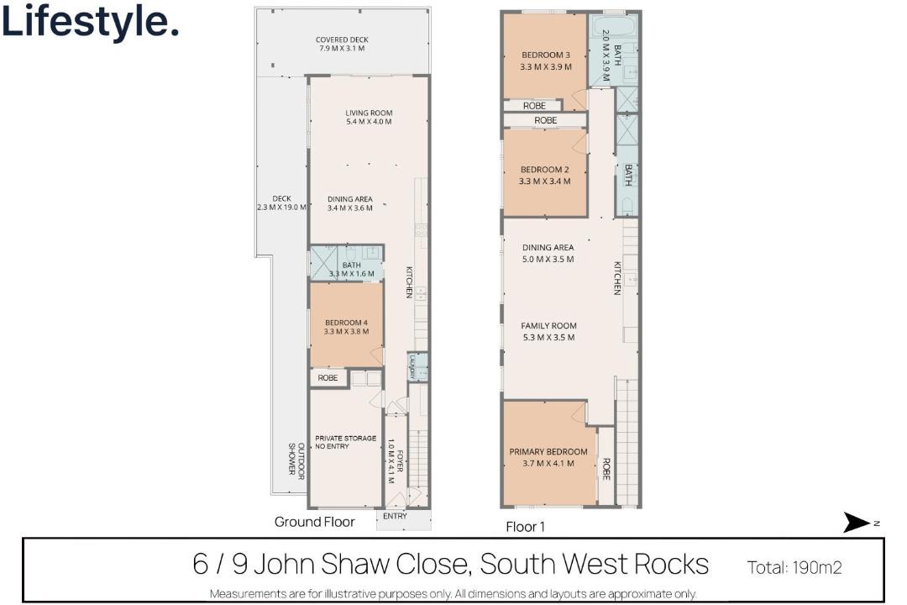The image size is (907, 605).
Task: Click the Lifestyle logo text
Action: pos(90,22)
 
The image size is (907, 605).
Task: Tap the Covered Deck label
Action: pos(342,44)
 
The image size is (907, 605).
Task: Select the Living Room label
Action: pos(369,118)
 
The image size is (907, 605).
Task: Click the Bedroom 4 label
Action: pos(346,327)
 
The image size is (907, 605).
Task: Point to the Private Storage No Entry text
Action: pos(345,442)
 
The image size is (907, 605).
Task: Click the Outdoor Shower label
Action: pos(296,459)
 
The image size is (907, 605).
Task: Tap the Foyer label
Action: pos(395,460)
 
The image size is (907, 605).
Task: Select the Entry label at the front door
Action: pos(395,516)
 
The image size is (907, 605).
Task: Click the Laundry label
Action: pos(412,368)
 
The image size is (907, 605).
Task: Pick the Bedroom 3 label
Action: pos(546,60)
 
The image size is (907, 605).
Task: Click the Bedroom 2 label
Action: pos(545,176)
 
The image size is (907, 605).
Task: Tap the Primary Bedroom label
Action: pos(548,457)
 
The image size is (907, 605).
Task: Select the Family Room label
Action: pos(548,331)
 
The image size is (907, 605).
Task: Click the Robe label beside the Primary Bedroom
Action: pos(606,469)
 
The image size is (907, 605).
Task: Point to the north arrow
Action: pos(857,522)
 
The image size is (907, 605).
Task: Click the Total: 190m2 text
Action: pos(794,567)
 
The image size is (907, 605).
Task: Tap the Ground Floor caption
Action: pos(314,522)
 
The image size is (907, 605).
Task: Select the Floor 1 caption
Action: pos(525,527)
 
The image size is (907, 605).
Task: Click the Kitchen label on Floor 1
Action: pos(617,278)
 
